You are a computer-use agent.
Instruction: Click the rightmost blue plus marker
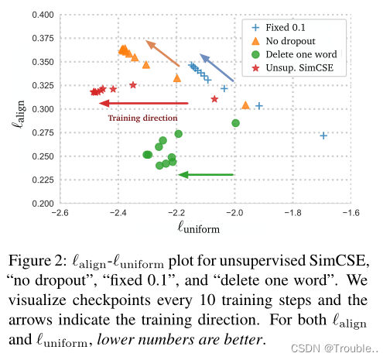pos(323,135)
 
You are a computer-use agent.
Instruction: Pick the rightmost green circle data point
pos(235,123)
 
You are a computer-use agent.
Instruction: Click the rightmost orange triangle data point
pos(245,105)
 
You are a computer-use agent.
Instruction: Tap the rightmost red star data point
pos(214,99)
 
